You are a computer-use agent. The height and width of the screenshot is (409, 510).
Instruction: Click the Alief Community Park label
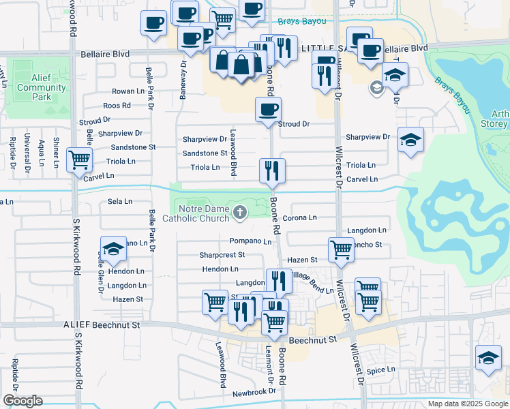[x=41, y=87]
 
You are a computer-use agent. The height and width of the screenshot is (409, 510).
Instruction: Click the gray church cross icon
[x=239, y=213]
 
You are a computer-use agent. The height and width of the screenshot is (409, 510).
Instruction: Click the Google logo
[x=22, y=400]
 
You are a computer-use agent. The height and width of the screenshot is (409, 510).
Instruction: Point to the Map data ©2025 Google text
[x=467, y=404]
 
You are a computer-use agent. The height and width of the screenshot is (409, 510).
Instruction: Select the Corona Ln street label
[x=300, y=217]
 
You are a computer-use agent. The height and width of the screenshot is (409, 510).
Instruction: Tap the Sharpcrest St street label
[x=222, y=255]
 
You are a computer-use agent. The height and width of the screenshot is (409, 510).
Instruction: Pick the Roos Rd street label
[x=117, y=106]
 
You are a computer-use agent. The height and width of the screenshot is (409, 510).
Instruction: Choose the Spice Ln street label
[x=381, y=370]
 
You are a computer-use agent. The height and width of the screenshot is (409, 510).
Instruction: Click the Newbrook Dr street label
[x=254, y=392]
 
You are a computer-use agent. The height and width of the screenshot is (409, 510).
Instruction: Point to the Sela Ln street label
[x=120, y=202]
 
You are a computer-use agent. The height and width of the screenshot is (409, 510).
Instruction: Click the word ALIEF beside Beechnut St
[x=76, y=326]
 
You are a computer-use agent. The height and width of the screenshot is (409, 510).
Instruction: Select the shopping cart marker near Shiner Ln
[x=80, y=160]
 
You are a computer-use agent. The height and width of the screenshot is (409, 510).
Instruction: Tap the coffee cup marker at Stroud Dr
[x=268, y=108]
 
